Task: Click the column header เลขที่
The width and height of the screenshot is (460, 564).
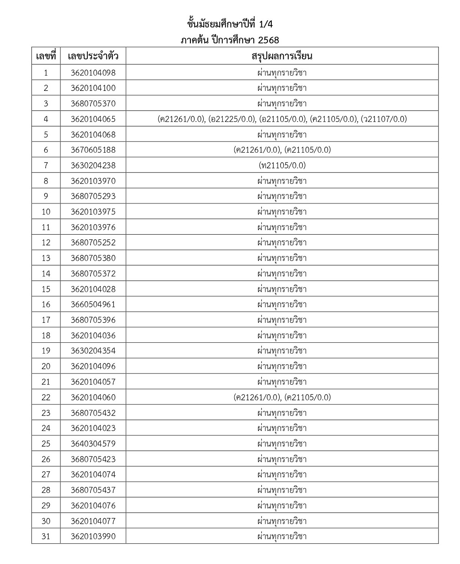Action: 46,56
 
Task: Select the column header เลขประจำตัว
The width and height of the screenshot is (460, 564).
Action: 93,56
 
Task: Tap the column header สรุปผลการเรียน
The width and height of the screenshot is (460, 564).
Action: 282,56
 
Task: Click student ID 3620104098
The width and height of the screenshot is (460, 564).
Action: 93,72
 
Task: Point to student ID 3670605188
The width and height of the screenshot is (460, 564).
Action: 93,150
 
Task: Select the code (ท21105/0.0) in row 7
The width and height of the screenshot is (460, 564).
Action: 282,165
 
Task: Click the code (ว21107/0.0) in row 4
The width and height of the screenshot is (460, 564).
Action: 384,119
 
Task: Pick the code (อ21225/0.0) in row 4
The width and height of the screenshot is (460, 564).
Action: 232,119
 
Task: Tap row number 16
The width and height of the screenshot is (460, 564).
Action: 46,304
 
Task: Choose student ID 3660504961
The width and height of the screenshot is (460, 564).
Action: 93,304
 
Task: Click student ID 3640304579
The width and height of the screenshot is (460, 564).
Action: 93,444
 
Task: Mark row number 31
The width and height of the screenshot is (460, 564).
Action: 46,536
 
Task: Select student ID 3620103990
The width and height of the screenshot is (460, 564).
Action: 93,536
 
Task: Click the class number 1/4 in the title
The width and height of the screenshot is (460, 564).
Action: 266,24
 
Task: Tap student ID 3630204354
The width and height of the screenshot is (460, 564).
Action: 93,351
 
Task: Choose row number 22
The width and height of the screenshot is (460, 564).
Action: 46,397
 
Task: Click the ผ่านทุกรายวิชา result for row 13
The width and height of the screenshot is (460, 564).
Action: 282,258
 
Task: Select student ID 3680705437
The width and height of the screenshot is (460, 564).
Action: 93,490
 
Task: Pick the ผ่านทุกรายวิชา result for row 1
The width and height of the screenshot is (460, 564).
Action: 282,72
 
